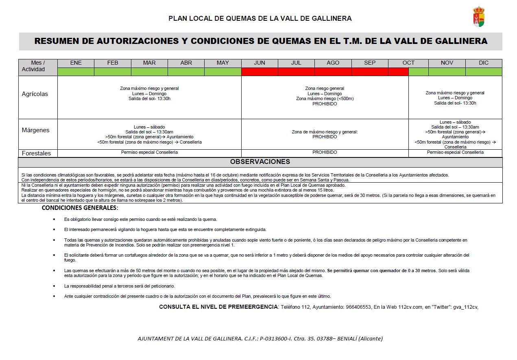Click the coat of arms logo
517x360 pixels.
pyautogui.click(x=479, y=17)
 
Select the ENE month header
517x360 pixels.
pyautogui.click(x=76, y=63)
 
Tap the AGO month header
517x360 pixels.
pyautogui.click(x=333, y=63)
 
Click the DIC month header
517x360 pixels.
pyautogui.click(x=483, y=63)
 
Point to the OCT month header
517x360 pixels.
pyautogui.click(x=408, y=63)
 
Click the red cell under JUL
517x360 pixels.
pyautogui.click(x=296, y=72)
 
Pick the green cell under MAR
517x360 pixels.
pyautogui.click(x=149, y=72)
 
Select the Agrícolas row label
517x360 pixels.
pyautogui.click(x=35, y=94)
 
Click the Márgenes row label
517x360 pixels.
pyautogui.click(x=35, y=130)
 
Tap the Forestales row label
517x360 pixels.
pyautogui.click(x=36, y=153)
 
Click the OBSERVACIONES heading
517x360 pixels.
pyautogui.click(x=260, y=161)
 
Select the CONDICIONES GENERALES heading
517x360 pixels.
pyautogui.click(x=80, y=208)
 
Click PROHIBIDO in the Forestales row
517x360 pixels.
pyautogui.click(x=325, y=152)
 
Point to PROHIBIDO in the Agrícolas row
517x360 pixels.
pyautogui.click(x=325, y=104)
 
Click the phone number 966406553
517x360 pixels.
pyautogui.click(x=358, y=307)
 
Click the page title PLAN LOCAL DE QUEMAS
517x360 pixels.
pyautogui.click(x=260, y=18)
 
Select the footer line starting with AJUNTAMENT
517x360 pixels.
pyautogui.click(x=260, y=338)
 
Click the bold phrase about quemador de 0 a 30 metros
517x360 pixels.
pyautogui.click(x=382, y=271)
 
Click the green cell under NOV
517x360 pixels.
pyautogui.click(x=447, y=72)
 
